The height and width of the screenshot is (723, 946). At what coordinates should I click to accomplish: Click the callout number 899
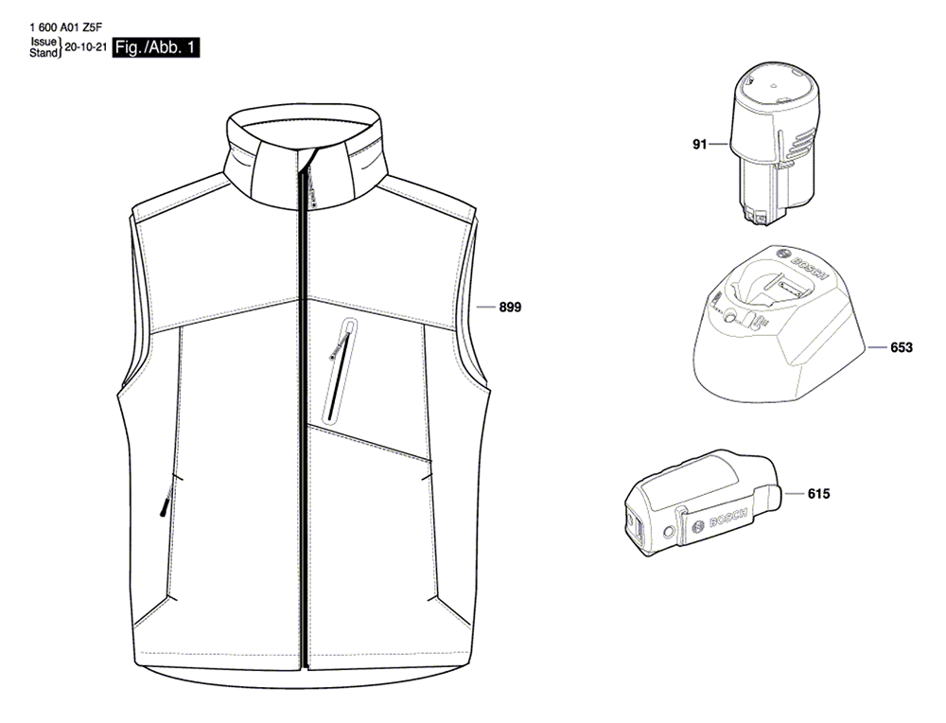[510, 308]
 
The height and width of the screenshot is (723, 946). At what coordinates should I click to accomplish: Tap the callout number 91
[699, 144]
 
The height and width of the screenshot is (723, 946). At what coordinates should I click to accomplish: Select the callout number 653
[902, 347]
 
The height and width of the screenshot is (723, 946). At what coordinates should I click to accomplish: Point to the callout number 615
[818, 494]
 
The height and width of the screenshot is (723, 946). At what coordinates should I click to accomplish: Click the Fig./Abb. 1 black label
[156, 47]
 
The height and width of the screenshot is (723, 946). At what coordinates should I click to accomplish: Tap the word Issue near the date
[44, 42]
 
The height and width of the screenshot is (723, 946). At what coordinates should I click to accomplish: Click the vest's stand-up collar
[306, 157]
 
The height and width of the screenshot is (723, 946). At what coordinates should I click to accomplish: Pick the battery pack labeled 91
[775, 146]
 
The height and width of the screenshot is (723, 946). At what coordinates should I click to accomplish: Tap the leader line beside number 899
[485, 308]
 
